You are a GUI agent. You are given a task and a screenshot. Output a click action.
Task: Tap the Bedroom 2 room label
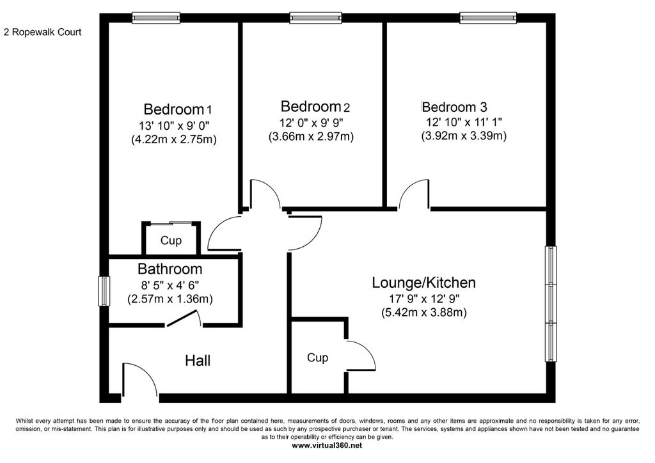coord(315,106)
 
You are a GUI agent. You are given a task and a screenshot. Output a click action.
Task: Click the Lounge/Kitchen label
coord(424,282)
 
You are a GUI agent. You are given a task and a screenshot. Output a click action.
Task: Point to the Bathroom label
coord(170,269)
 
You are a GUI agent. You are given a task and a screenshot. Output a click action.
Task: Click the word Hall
coord(198,361)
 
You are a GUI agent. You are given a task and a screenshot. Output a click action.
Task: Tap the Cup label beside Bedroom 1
coord(171,241)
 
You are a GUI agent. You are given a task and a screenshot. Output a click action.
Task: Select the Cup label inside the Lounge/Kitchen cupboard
coord(317,357)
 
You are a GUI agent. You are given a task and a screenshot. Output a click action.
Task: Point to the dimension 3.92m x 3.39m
coord(464,136)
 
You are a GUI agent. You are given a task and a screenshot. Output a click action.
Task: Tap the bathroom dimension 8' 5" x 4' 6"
coord(170,285)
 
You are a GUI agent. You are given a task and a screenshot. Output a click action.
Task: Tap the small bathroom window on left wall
coord(102,292)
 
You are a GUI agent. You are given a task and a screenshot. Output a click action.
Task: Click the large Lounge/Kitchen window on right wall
coord(551,304)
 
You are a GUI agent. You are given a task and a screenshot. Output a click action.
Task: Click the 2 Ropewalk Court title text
coord(42,31)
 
